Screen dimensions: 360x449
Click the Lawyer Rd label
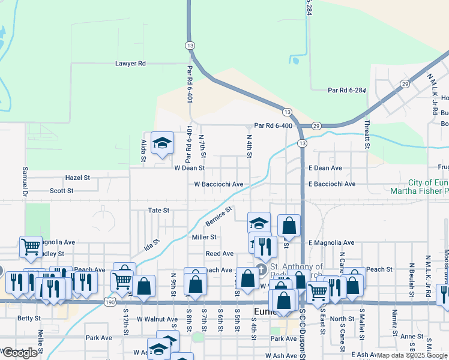point(130,63)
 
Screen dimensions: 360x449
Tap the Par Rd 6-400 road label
point(273,125)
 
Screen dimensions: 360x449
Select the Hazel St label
point(77,178)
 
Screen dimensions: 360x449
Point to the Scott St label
point(61,191)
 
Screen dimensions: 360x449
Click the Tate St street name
point(159,211)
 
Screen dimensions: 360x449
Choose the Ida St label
point(152,246)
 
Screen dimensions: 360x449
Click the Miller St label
point(203,237)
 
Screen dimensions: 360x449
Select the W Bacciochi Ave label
point(218,184)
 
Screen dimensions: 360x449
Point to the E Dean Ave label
point(325,169)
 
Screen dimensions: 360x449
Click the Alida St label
point(144,151)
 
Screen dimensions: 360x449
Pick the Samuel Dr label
point(25,181)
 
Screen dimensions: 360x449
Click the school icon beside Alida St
point(161,143)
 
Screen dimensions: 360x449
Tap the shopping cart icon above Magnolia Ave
point(31,246)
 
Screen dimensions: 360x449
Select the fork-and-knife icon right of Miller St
point(265,244)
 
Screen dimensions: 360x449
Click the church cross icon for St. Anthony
point(261,268)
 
